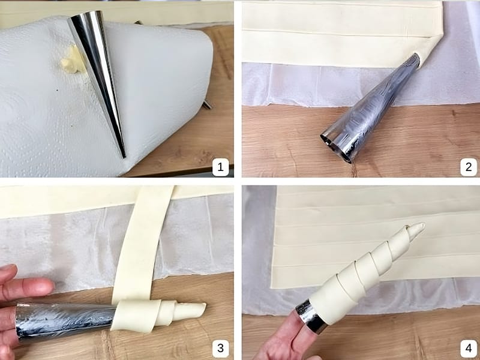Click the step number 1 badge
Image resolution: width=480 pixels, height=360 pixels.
click(220, 167)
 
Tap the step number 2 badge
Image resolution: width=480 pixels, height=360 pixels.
click(469, 167)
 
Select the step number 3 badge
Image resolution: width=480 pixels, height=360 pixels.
click(220, 349)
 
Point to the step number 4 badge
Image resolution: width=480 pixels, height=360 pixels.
click(469, 349)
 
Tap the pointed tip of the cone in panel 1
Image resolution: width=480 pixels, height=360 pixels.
click(124, 157)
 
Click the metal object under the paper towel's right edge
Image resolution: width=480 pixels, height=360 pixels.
click(206, 104)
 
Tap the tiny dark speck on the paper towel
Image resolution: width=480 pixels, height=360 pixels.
click(57, 91)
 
